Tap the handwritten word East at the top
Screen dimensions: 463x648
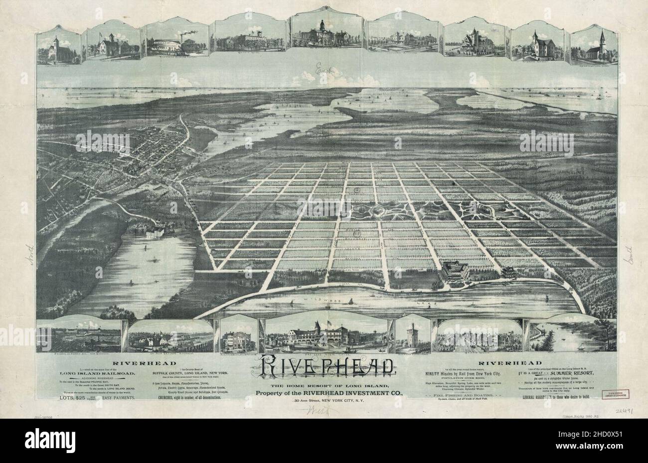pos(323,73)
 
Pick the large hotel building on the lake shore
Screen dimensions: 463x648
pos(454,272)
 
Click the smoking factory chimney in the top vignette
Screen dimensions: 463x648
pos(180,35)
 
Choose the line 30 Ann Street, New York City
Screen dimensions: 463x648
pos(324,401)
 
